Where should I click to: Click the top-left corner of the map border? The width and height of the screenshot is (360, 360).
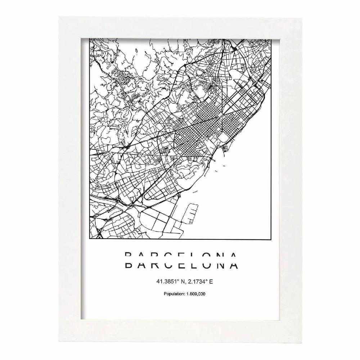click(x=90, y=37)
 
